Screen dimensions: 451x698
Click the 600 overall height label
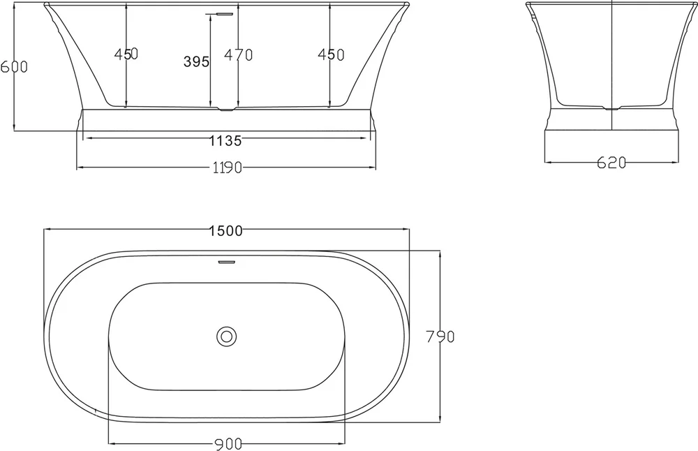[14, 67]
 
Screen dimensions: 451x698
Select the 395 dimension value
[196, 62]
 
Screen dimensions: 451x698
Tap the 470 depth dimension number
[239, 54]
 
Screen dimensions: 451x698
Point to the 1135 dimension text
[225, 141]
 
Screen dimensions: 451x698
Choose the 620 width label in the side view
[611, 163]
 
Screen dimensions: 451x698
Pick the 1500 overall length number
[225, 230]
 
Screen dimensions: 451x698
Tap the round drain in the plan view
[226, 336]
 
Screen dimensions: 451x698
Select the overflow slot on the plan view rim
[226, 263]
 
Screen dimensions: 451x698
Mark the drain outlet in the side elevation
[612, 108]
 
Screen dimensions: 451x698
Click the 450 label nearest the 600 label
[126, 54]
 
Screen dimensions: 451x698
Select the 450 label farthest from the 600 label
[331, 54]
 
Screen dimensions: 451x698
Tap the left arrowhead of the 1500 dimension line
[47, 229]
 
